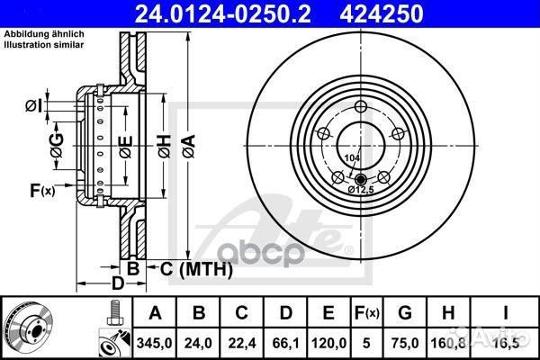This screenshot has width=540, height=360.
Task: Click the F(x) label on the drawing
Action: [x=41, y=190]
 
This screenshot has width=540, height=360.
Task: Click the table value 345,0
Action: [x=156, y=343]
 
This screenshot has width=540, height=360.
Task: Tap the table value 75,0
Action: [x=406, y=343]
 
